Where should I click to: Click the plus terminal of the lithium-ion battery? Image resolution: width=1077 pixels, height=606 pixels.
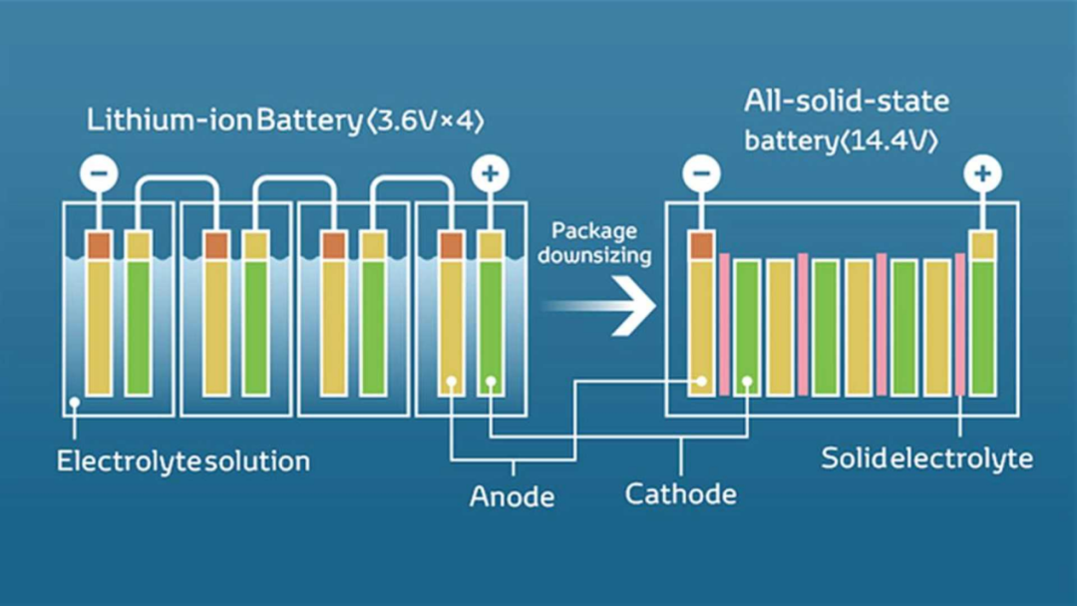[489, 174]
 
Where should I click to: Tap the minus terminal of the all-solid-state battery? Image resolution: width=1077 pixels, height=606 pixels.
[701, 174]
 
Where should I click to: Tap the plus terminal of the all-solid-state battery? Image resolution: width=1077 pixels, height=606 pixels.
[982, 174]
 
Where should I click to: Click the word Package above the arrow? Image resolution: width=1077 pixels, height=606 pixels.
[594, 231]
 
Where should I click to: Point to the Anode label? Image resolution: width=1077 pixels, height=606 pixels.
[512, 495]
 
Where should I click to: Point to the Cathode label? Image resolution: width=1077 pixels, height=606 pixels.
[680, 492]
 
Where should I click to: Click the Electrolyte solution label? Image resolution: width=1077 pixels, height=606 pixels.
[183, 461]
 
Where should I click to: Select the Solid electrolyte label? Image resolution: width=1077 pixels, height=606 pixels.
[926, 458]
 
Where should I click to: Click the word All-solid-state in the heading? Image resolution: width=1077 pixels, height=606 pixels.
[846, 102]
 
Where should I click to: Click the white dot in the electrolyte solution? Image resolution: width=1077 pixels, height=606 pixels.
[75, 404]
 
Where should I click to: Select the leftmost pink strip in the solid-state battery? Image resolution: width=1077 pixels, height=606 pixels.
[725, 324]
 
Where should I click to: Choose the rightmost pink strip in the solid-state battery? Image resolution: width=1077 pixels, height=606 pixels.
[960, 324]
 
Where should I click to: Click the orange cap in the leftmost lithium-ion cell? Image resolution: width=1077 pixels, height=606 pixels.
[99, 245]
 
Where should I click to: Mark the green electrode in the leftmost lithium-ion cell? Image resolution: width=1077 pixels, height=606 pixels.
[138, 327]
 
